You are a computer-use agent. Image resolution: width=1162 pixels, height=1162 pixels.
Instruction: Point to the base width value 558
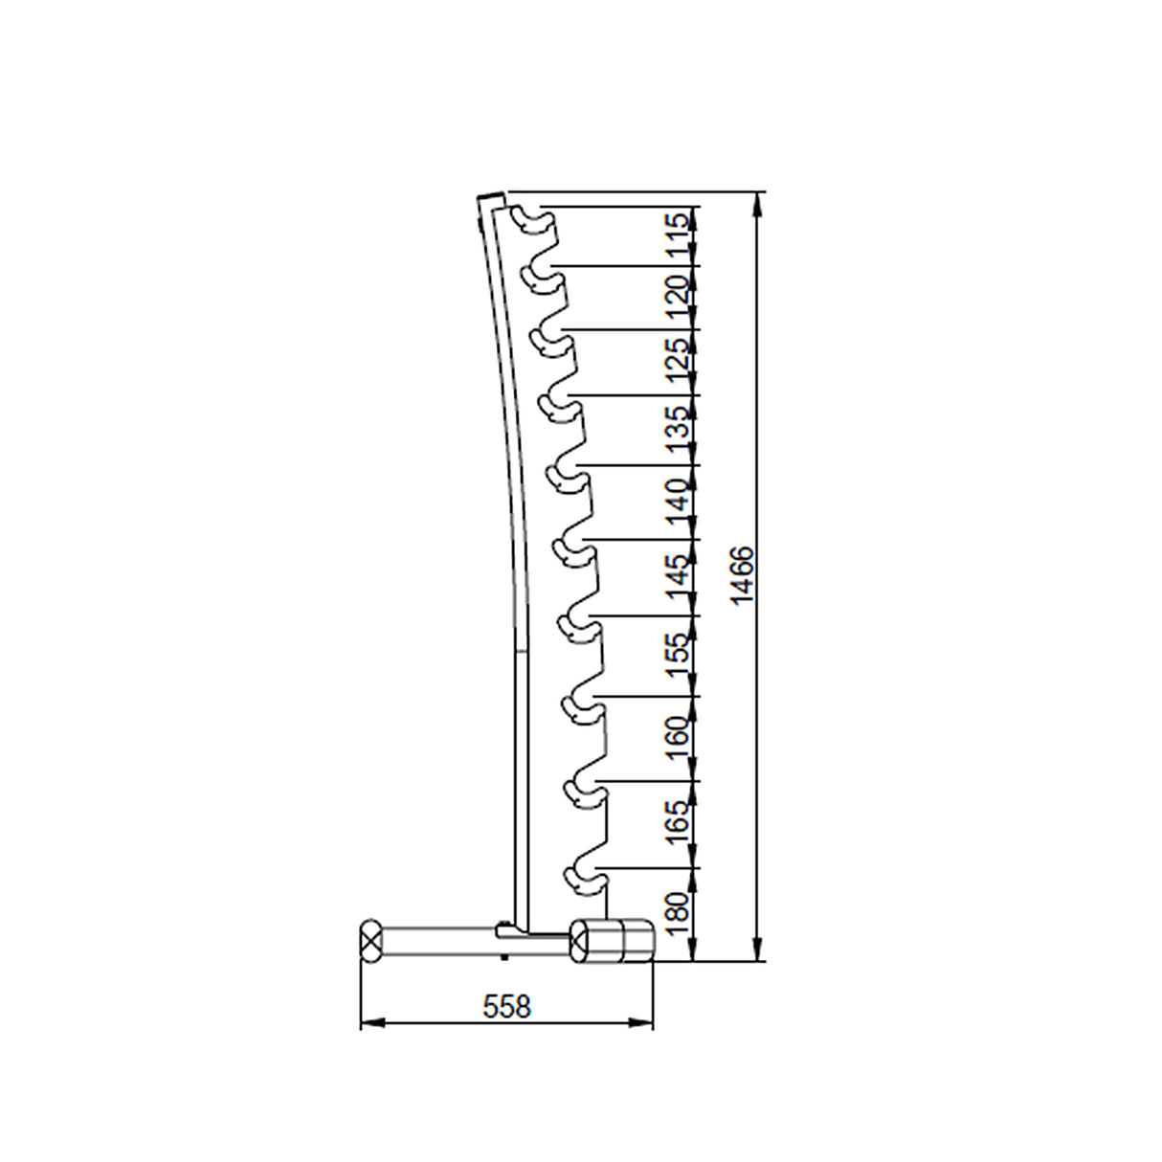tap(506, 1006)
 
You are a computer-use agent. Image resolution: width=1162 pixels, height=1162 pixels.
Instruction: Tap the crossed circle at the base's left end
tap(370, 937)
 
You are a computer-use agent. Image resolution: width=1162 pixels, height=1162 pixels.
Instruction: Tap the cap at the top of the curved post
tap(491, 195)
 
